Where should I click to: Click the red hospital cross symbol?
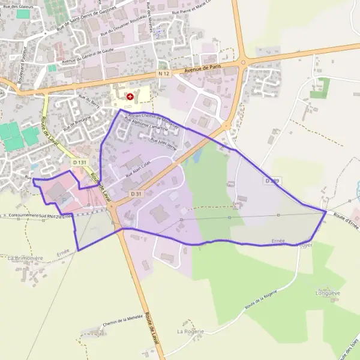130,96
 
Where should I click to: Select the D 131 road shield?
79,162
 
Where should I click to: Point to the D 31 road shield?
136,193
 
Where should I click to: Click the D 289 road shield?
272,180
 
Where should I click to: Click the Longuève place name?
328,293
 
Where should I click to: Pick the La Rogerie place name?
190,331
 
